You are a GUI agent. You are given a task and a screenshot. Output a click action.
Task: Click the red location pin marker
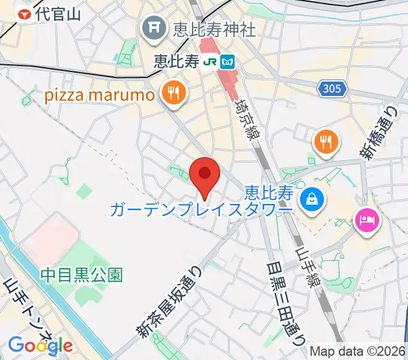click(x=205, y=175)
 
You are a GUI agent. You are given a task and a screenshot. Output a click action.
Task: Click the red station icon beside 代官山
click(x=25, y=14)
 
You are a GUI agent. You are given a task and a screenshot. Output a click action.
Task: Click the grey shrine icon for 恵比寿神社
click(x=154, y=28)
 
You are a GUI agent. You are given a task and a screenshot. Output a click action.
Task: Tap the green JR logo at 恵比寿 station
click(x=210, y=61)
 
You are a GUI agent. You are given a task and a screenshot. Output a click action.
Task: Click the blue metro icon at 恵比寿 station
click(x=227, y=61)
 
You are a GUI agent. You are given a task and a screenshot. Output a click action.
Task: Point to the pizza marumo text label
click(x=99, y=95)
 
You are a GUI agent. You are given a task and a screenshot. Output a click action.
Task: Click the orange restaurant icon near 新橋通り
click(x=326, y=142)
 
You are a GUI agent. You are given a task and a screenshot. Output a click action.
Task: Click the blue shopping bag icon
click(x=312, y=197)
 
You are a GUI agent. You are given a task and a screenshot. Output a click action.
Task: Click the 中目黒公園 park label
click(x=82, y=275)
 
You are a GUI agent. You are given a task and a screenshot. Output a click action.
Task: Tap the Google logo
click(x=40, y=345)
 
